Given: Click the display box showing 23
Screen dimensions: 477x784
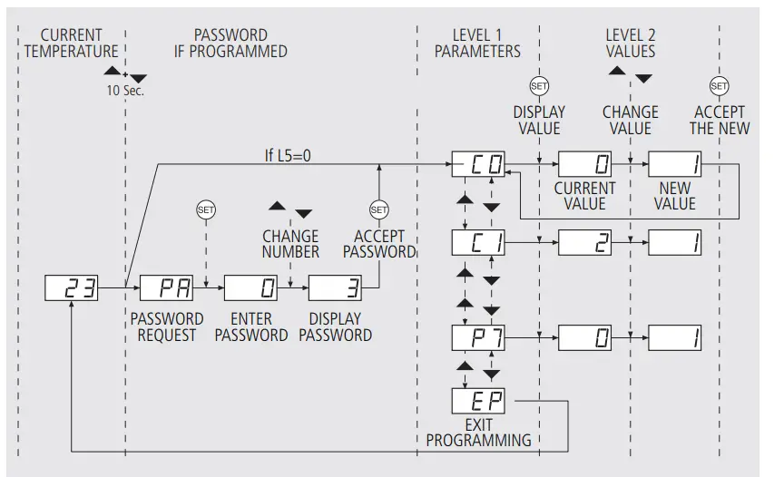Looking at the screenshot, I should tap(72, 289).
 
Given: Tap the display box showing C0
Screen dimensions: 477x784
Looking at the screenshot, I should tap(478, 165).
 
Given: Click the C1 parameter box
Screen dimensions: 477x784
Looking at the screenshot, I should tap(478, 243).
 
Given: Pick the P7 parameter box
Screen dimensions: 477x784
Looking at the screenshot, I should tap(478, 339).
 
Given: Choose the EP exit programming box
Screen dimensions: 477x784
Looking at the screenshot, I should tap(478, 399).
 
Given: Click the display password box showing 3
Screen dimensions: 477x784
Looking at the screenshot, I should tap(335, 289).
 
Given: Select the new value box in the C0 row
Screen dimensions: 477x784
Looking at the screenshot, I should tap(675, 165).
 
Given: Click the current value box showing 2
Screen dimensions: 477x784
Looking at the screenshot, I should tap(584, 243).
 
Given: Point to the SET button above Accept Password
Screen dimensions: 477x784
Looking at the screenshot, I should tap(379, 209).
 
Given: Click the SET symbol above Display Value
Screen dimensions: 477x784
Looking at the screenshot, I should tap(539, 85).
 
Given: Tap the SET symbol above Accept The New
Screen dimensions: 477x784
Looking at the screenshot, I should tap(720, 85).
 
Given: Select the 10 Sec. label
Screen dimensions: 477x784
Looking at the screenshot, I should tap(126, 91).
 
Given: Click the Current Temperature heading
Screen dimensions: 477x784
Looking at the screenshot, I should tap(72, 43).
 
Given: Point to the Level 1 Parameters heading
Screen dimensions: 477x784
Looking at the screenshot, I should tap(477, 43).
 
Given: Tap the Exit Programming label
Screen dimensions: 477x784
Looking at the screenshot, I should tap(478, 433).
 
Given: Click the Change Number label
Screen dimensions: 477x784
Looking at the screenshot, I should tap(290, 243).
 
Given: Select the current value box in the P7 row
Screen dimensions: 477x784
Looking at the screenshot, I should tap(584, 339).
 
